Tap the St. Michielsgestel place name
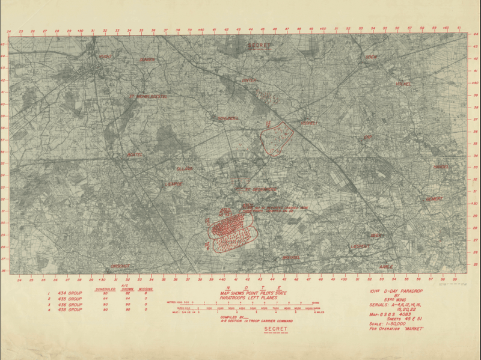148,96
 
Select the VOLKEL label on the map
402,84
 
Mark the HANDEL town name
441,166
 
